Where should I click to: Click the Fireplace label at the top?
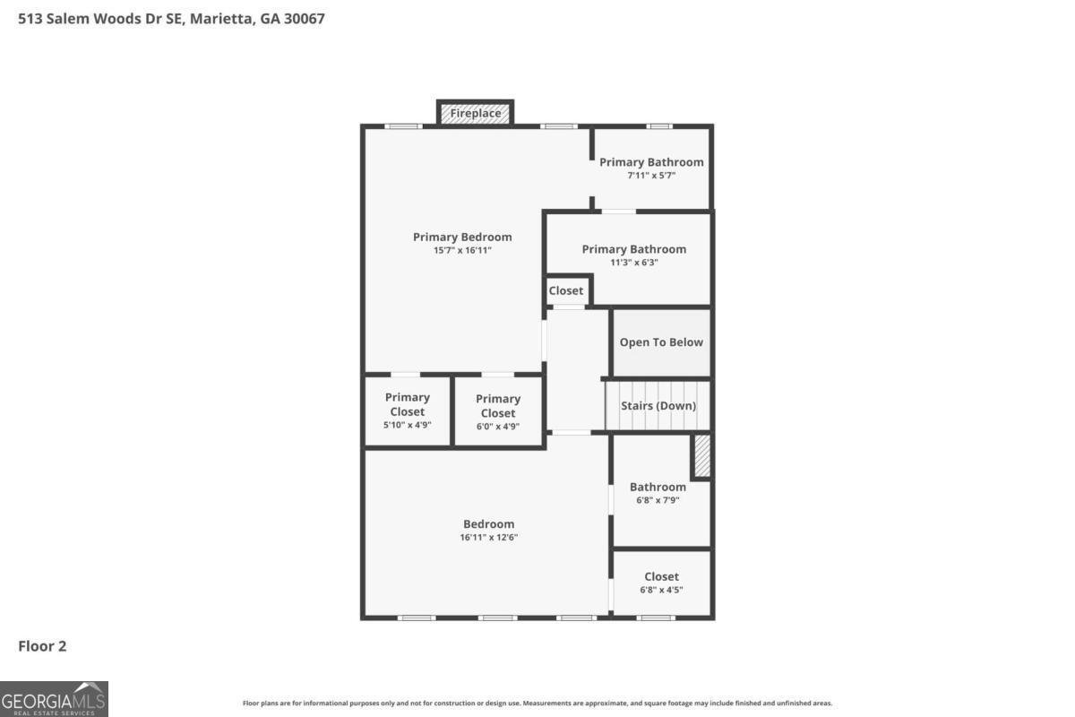coord(475,114)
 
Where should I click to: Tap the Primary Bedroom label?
coord(462,237)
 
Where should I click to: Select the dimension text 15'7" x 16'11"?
coord(462,251)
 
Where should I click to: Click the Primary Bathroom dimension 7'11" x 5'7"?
coord(651,176)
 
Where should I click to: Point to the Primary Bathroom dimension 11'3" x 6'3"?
coord(633,263)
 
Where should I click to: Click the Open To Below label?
coord(661,342)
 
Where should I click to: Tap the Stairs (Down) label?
coord(658,405)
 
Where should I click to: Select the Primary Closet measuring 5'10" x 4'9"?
coord(408,410)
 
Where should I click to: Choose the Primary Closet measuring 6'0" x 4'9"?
coord(498,412)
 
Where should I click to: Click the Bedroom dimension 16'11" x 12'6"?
coord(489,538)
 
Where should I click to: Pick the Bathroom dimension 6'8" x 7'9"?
coord(658,500)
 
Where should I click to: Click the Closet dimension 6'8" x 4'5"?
coord(661,590)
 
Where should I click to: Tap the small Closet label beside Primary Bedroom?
coord(566,290)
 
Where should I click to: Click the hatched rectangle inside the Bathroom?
coord(702,455)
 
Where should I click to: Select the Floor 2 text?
coord(43,645)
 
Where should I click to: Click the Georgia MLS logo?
coord(54,698)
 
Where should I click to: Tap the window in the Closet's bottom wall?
coord(656,618)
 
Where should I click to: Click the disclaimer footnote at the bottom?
coord(537,704)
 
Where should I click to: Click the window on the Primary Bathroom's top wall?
coord(660,126)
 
